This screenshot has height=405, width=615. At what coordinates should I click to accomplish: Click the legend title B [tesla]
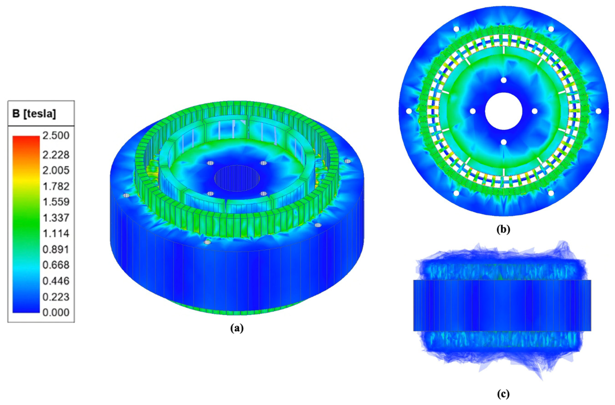click(34, 114)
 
